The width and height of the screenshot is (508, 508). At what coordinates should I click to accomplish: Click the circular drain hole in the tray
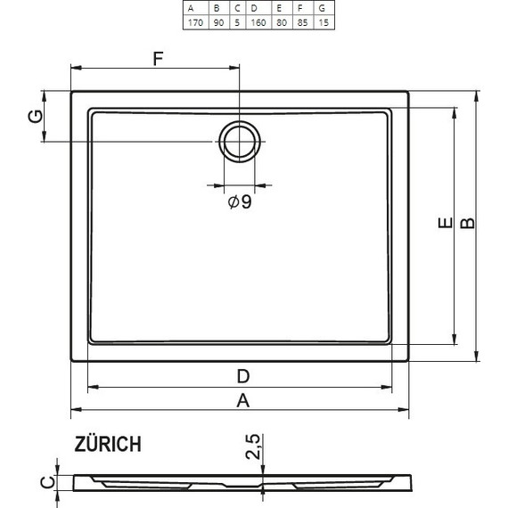pyautogui.click(x=239, y=141)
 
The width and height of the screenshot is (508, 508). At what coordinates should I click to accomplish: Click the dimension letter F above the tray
pyautogui.click(x=158, y=60)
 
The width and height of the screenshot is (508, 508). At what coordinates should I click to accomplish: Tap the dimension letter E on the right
pyautogui.click(x=443, y=228)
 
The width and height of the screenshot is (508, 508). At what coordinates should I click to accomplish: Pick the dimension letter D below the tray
pyautogui.click(x=242, y=375)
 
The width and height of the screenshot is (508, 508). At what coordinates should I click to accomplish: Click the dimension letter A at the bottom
pyautogui.click(x=242, y=400)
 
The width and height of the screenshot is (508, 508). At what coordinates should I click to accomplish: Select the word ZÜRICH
pyautogui.click(x=106, y=445)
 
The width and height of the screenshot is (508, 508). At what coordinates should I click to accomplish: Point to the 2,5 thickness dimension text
pyautogui.click(x=253, y=447)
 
